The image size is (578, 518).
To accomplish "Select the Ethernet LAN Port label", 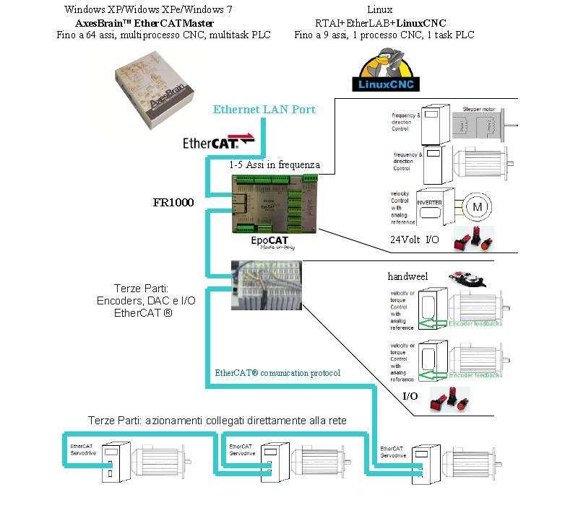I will (264, 110).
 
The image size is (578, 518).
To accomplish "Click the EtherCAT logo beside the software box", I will (218, 141).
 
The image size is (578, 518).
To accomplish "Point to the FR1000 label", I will (173, 203).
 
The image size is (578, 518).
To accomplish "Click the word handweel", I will (407, 277).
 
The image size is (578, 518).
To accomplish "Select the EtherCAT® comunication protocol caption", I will (277, 373).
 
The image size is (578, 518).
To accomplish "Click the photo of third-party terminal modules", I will (266, 285).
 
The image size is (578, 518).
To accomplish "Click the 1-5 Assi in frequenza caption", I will (274, 164).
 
